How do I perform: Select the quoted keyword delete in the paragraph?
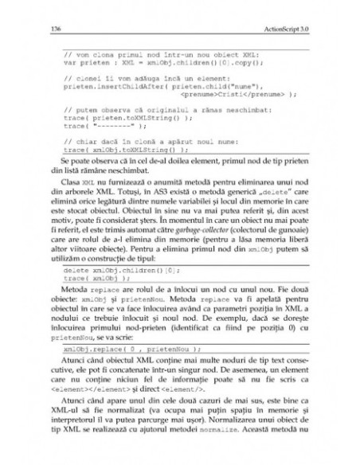239,193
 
